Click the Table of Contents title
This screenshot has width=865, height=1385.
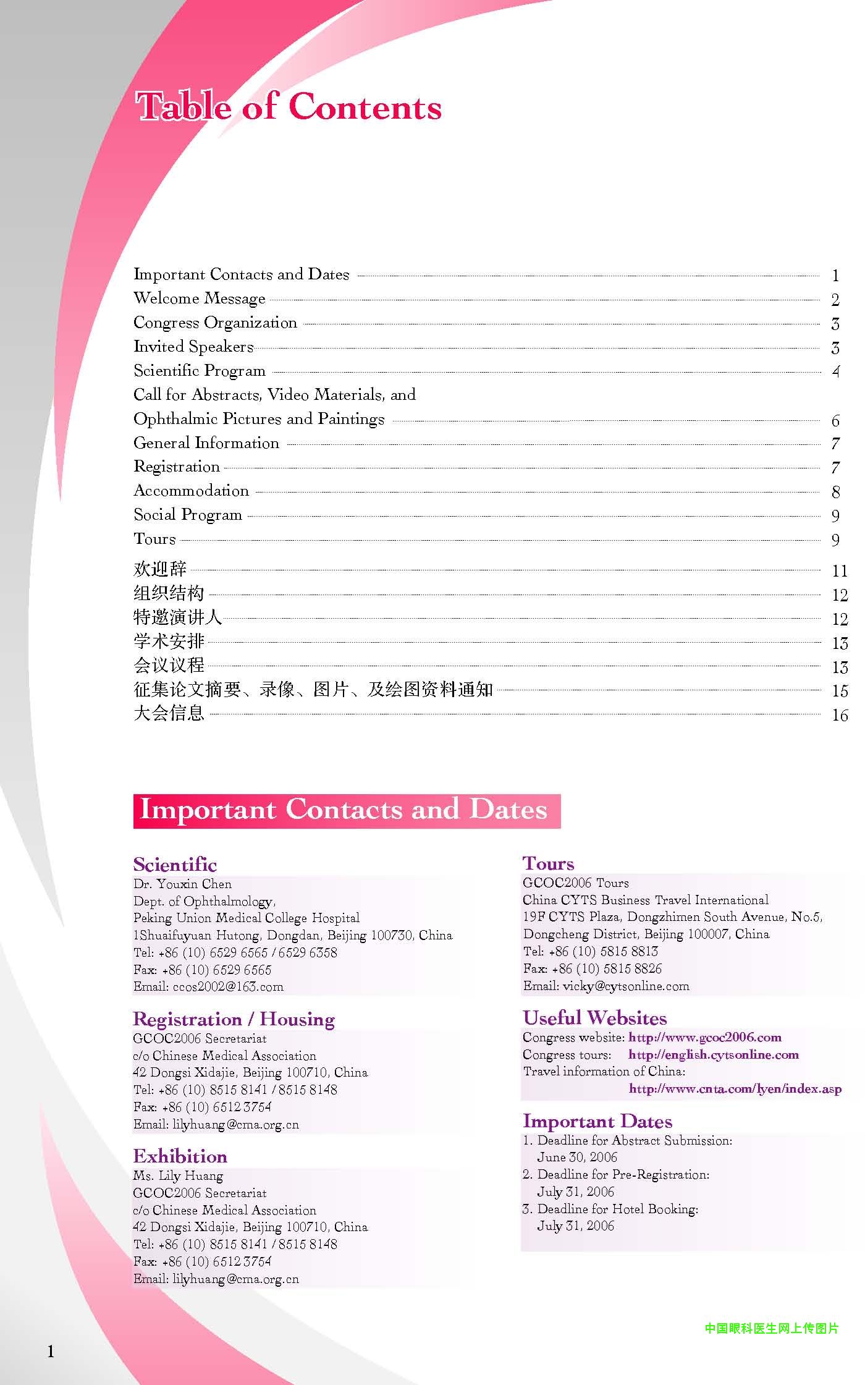[288, 106]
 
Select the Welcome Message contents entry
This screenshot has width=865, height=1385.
[199, 299]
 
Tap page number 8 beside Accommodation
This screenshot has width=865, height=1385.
[835, 492]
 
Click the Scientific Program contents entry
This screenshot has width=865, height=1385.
[199, 371]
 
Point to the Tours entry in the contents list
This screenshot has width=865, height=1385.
[154, 539]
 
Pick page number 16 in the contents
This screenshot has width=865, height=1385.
[839, 715]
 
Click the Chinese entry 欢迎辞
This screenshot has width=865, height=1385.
[159, 569]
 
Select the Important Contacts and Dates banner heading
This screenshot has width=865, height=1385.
[344, 810]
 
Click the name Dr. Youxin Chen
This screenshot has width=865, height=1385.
[182, 884]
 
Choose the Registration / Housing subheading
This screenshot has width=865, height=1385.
[234, 1019]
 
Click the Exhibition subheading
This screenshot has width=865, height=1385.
[180, 1156]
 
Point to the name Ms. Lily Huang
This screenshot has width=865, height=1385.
[178, 1175]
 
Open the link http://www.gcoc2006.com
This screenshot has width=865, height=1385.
[704, 1037]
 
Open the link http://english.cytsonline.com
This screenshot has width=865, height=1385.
[713, 1054]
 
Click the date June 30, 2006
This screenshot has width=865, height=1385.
[577, 1157]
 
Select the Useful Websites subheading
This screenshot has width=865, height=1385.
[594, 1018]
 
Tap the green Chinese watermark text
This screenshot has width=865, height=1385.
[771, 1328]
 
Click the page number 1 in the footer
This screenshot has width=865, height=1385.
[51, 1352]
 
